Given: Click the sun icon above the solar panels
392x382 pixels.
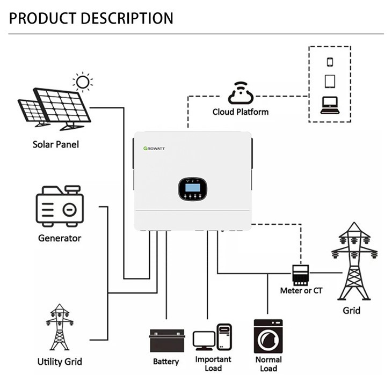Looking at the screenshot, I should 82,82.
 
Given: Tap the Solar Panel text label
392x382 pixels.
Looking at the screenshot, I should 56,144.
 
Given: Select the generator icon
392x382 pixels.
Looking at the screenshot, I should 60,207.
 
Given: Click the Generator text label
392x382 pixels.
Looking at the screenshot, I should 60,238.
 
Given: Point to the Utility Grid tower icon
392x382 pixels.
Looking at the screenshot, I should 60,327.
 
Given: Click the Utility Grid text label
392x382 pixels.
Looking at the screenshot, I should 60,361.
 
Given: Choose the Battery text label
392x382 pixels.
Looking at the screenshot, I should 166,362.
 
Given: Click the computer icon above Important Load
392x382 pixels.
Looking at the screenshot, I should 212,337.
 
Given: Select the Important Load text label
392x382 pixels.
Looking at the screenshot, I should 213,364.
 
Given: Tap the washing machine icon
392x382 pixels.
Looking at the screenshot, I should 268,336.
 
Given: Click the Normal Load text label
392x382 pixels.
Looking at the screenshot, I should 268,364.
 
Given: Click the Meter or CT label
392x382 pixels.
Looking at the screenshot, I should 301,291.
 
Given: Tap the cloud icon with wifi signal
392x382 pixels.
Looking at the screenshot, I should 240,93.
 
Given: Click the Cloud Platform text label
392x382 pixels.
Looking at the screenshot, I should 240,112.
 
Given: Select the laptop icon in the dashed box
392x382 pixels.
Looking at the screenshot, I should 330,104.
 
